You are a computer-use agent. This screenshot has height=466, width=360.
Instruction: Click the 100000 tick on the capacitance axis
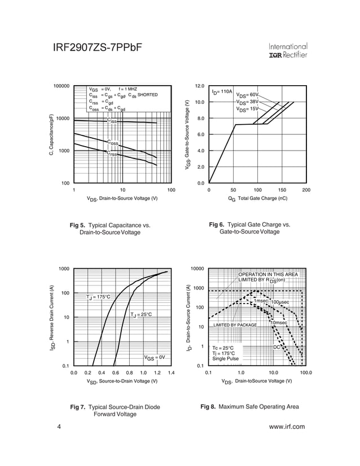click(61, 86)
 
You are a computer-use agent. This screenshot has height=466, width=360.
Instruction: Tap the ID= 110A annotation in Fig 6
click(222, 91)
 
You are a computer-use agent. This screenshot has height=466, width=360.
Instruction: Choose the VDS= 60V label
click(247, 95)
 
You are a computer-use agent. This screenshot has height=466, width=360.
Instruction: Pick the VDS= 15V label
click(247, 109)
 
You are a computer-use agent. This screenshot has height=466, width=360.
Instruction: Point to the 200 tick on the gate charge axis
click(306, 191)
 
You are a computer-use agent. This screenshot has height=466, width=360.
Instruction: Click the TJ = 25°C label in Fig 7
click(141, 314)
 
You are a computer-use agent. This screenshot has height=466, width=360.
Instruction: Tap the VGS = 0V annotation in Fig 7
click(154, 357)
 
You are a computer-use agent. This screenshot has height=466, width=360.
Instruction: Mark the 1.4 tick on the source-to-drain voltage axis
click(172, 373)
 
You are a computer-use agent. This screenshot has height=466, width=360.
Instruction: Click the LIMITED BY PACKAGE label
click(235, 326)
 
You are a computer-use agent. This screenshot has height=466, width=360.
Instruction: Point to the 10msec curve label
click(280, 322)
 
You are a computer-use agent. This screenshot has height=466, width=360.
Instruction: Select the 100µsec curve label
click(280, 303)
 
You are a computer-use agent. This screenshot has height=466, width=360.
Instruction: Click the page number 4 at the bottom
click(59, 427)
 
